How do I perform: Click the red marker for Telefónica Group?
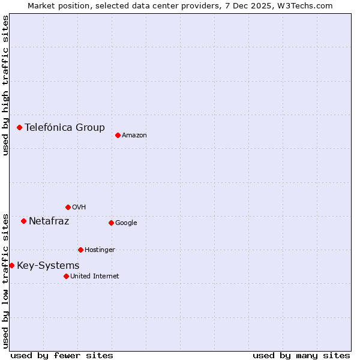(x=20, y=127)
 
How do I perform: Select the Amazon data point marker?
(x=118, y=135)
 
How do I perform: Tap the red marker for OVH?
(x=68, y=207)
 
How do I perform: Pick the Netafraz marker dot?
(x=23, y=221)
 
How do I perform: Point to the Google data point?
(x=111, y=223)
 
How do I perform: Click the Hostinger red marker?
(x=80, y=250)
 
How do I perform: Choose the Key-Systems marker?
(x=11, y=265)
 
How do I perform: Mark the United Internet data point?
(x=66, y=276)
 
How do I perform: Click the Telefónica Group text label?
(x=65, y=127)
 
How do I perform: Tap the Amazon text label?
(x=134, y=136)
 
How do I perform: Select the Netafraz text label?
(x=49, y=221)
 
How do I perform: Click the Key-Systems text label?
(x=48, y=266)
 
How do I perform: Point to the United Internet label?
(x=95, y=277)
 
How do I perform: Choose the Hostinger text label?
(x=100, y=250)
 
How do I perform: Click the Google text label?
(x=126, y=223)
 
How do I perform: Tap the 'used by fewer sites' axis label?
(x=62, y=355)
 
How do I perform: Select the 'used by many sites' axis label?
(x=301, y=355)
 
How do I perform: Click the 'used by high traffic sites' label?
(x=5, y=85)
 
